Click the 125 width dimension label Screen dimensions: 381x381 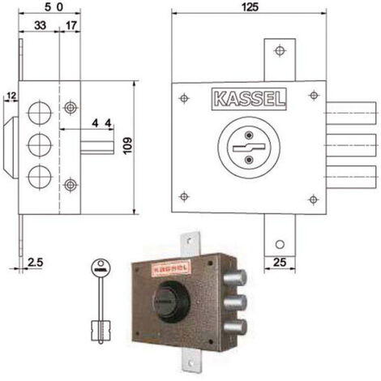(x=250, y=7)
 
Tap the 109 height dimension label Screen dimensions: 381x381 (x=127, y=146)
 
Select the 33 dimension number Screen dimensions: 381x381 (x=40, y=25)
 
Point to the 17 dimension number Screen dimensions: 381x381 (x=71, y=26)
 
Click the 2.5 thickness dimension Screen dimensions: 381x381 (x=35, y=262)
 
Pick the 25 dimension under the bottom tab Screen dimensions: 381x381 (x=280, y=262)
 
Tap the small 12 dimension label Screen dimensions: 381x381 (x=11, y=96)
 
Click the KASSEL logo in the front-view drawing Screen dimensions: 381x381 (x=249, y=99)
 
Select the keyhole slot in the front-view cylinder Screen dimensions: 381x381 (x=249, y=148)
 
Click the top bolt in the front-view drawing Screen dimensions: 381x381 (x=351, y=113)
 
